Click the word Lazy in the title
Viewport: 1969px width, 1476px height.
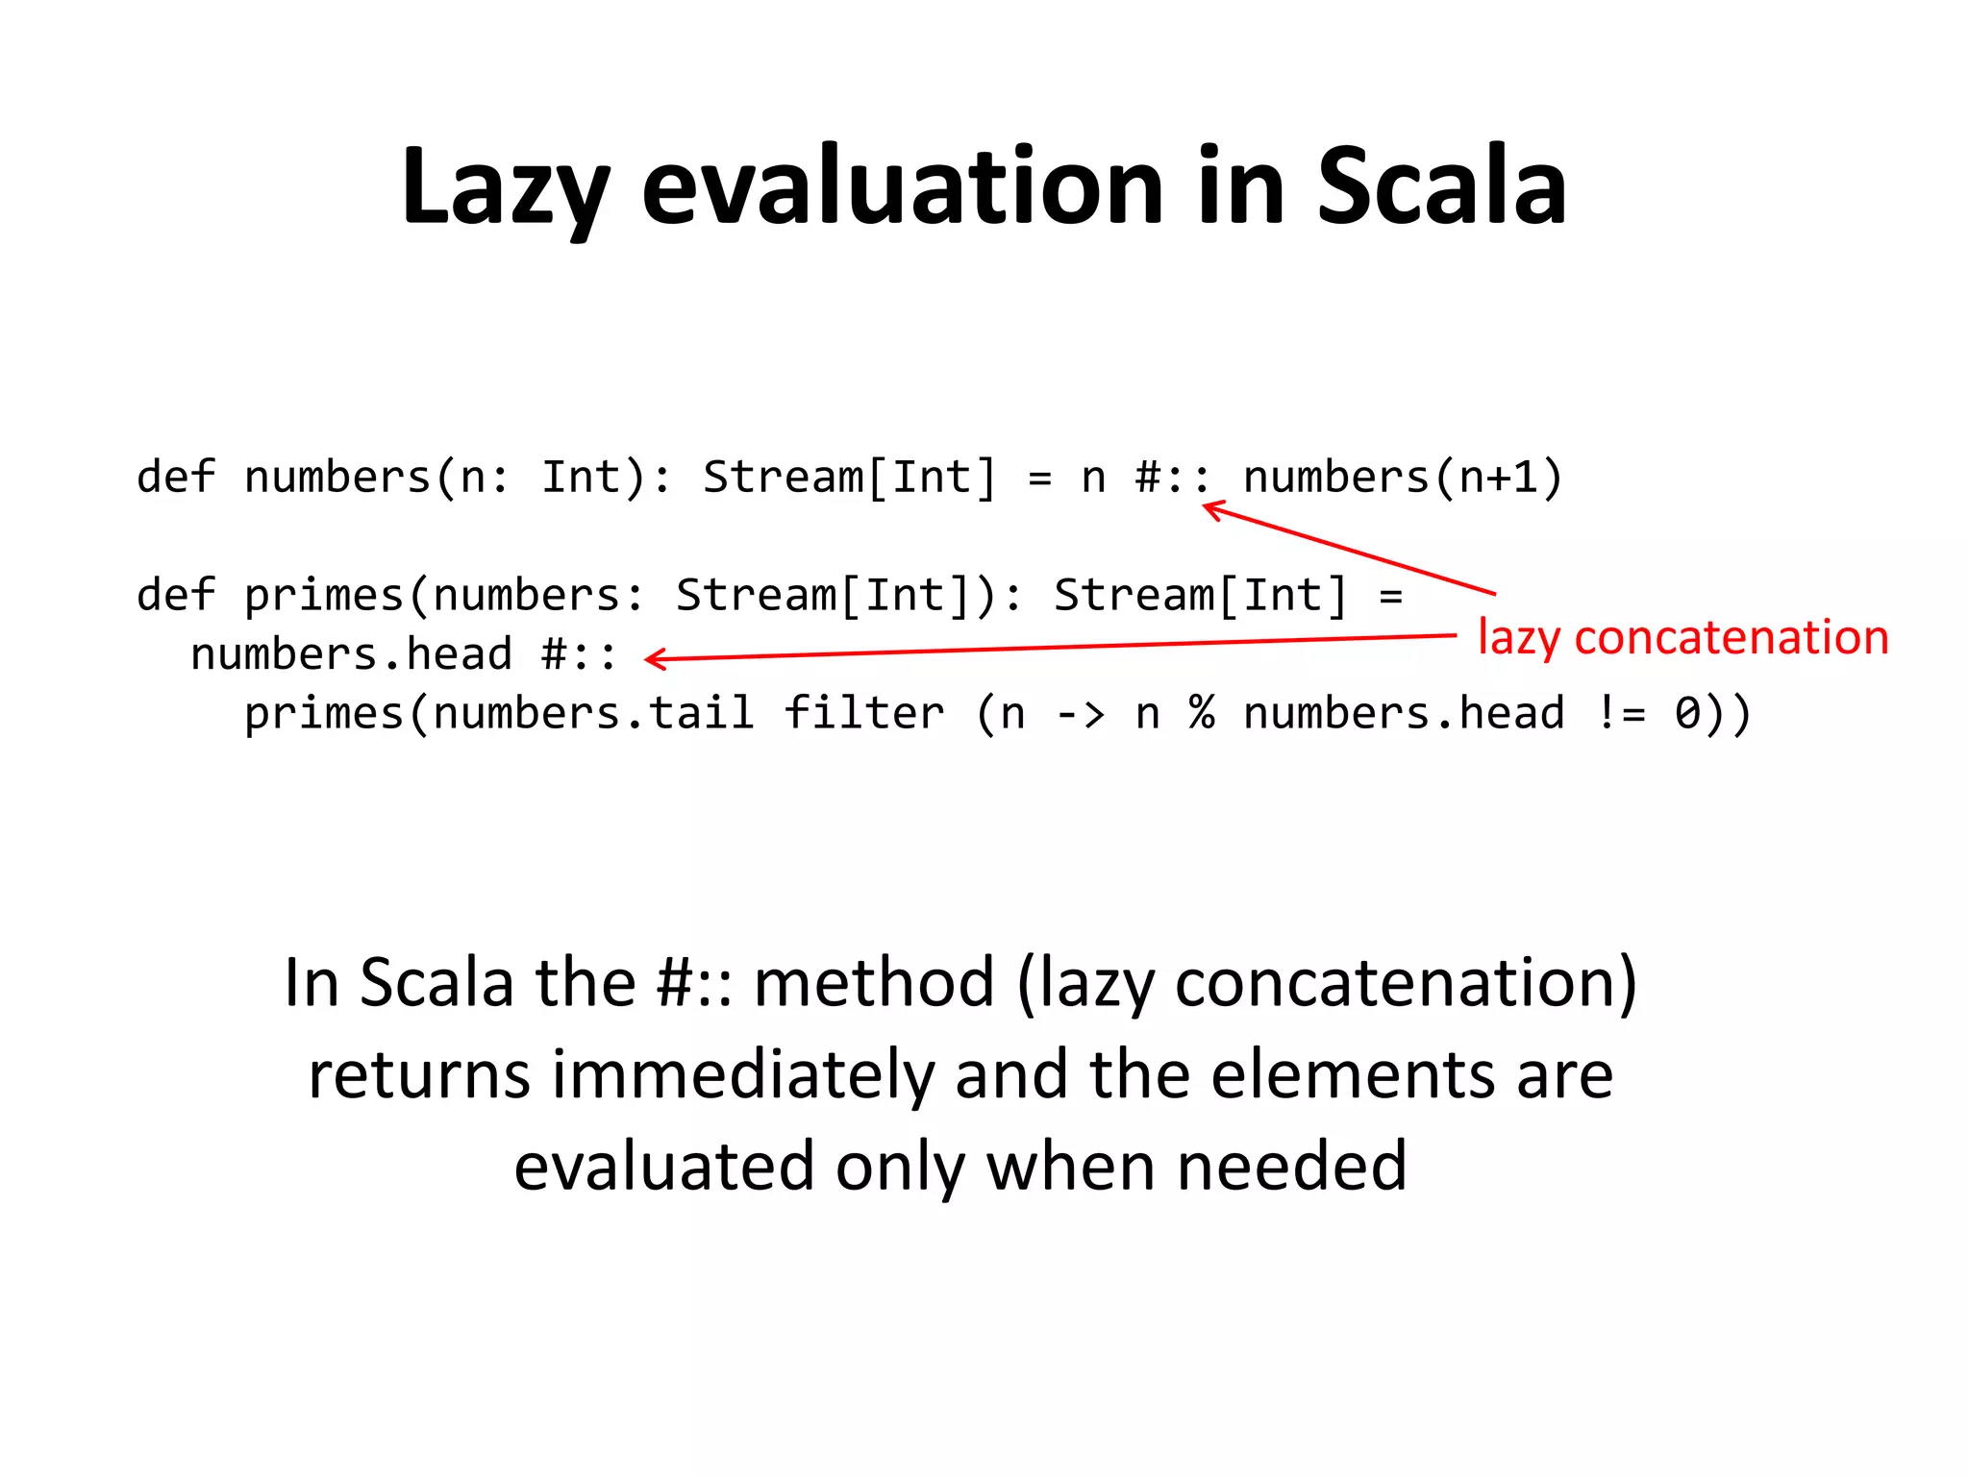pyautogui.click(x=505, y=187)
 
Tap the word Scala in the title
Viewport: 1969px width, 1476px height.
pyautogui.click(x=1441, y=187)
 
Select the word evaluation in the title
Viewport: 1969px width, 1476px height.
pyautogui.click(x=903, y=187)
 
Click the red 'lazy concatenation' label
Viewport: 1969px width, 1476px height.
pyautogui.click(x=1682, y=638)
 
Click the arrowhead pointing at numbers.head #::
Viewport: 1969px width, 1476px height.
pyautogui.click(x=654, y=659)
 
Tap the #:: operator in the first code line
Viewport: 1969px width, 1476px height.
pyautogui.click(x=1172, y=478)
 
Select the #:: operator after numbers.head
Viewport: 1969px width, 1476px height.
pyautogui.click(x=579, y=655)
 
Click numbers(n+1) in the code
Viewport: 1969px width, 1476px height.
pyautogui.click(x=1403, y=478)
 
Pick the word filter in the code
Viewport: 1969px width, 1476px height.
pyautogui.click(x=864, y=714)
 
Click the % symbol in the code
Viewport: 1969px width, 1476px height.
pyautogui.click(x=1202, y=714)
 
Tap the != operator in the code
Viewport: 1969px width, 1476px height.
pyautogui.click(x=1621, y=714)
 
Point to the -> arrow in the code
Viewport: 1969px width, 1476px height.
pyautogui.click(x=1080, y=714)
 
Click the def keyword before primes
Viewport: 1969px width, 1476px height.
pyautogui.click(x=176, y=596)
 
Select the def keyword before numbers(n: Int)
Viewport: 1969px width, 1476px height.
pyautogui.click(x=176, y=478)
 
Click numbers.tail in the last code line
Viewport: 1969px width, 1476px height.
pyautogui.click(x=593, y=714)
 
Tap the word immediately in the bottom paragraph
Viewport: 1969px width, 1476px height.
pyautogui.click(x=742, y=1075)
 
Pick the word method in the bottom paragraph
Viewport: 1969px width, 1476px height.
pyautogui.click(x=873, y=984)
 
